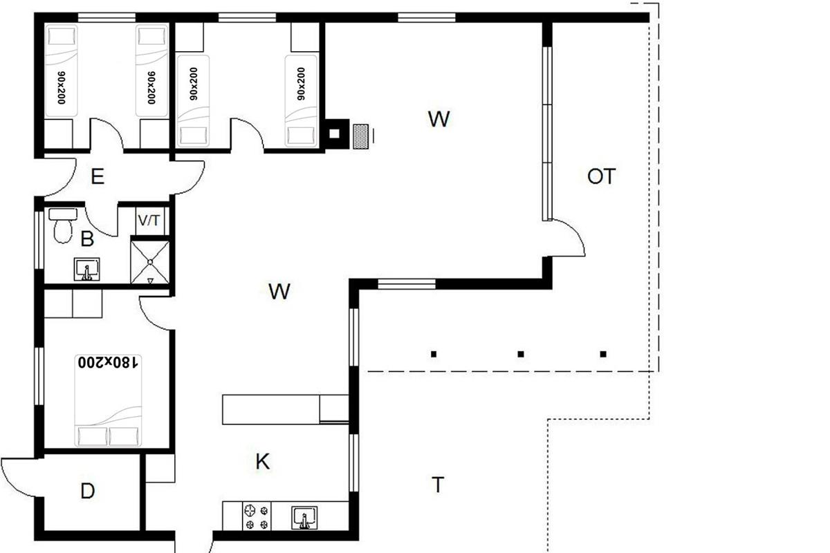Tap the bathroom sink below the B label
(86, 269)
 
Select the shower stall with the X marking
(150, 262)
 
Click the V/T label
(149, 221)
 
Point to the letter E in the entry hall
(98, 176)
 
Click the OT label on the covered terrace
(601, 176)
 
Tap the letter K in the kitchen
(263, 462)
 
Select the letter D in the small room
(87, 491)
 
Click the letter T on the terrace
(438, 485)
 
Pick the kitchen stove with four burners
(257, 516)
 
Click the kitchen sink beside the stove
(304, 518)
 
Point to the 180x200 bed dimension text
(108, 362)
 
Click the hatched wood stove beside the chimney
(360, 136)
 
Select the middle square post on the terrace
(521, 354)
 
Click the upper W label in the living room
(439, 119)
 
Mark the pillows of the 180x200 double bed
(108, 436)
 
